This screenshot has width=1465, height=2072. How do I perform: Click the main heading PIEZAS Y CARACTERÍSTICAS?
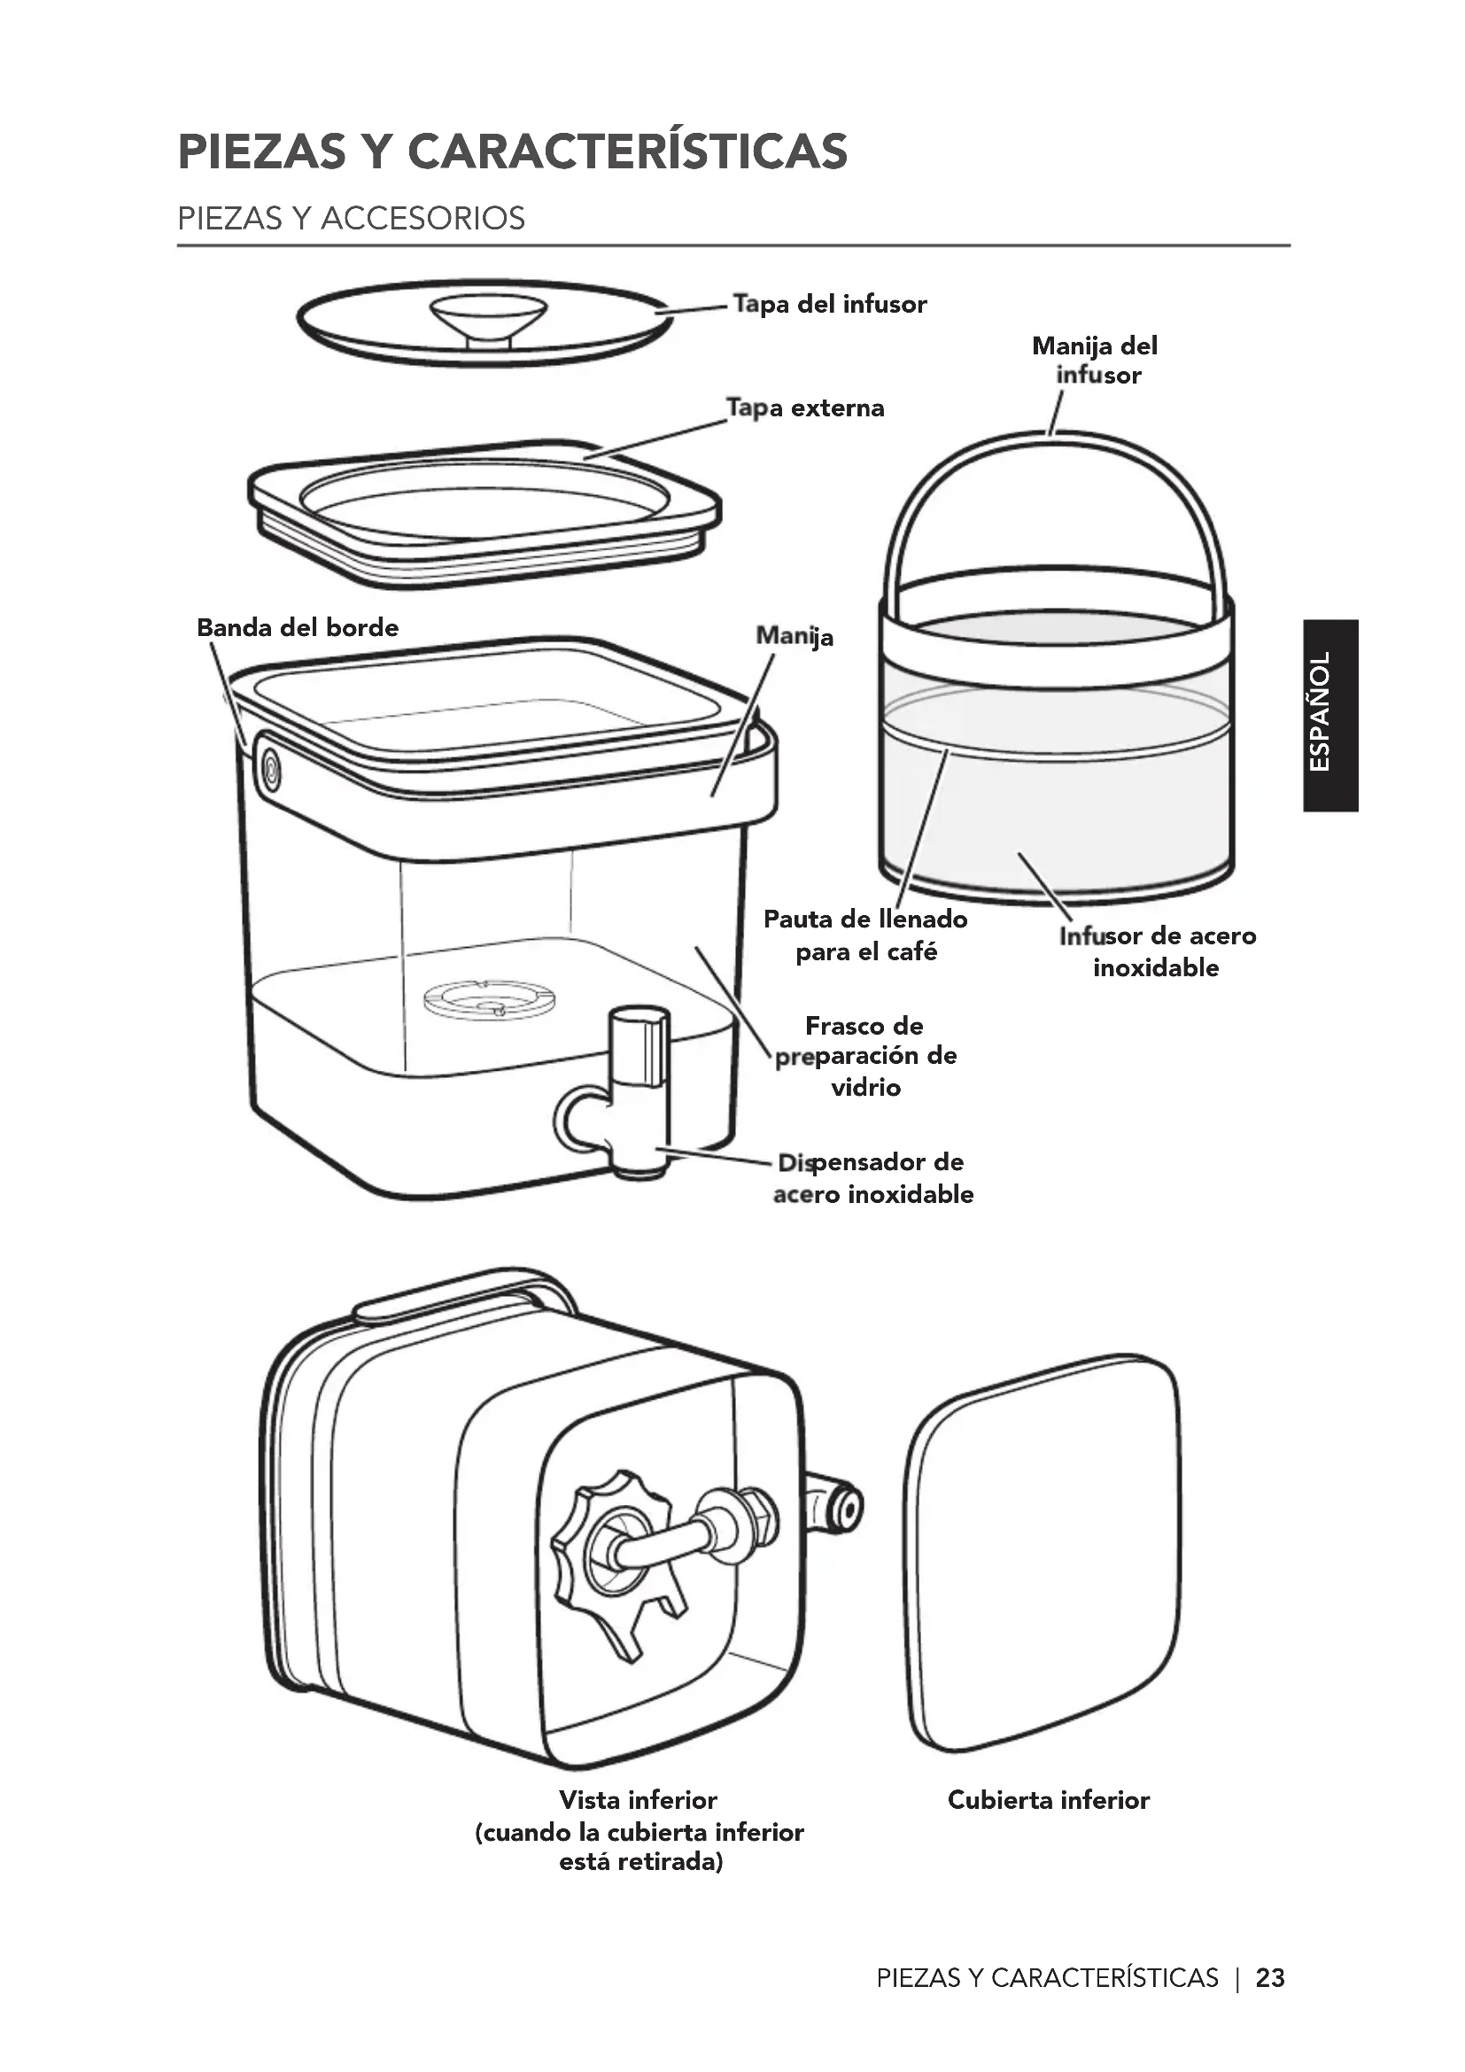point(512,151)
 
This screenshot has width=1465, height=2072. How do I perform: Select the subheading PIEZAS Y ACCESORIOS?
point(351,219)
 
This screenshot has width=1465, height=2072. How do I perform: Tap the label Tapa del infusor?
point(829,304)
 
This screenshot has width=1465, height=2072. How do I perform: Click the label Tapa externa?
point(805,407)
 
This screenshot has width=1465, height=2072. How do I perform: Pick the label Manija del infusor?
point(1095,360)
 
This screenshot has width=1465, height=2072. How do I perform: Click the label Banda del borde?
point(298,627)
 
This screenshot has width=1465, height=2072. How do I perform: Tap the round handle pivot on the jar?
point(270,770)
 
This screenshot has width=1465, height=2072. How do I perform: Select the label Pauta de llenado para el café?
point(865,935)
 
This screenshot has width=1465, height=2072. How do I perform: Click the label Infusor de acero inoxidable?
point(1158,951)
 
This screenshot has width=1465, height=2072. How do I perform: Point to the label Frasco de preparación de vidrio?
point(865,1056)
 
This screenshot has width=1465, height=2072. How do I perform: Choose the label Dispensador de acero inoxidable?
point(872,1177)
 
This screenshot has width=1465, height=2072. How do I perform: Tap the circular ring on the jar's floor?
point(489,1000)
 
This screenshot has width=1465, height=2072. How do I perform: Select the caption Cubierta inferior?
point(1048,1800)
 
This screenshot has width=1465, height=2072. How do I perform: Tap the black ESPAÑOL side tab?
point(1330,715)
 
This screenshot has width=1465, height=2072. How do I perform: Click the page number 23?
point(1270,1978)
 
